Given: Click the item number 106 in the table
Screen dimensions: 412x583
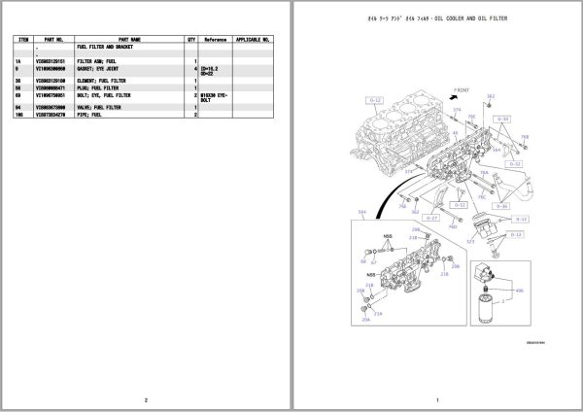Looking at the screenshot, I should point(19,115).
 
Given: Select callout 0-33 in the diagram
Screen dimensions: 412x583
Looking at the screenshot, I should point(503,119).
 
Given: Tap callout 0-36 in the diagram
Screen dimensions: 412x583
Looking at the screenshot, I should point(502,206).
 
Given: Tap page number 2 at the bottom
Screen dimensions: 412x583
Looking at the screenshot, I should point(145,400).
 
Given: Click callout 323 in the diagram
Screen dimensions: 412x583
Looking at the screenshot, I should point(471,239).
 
